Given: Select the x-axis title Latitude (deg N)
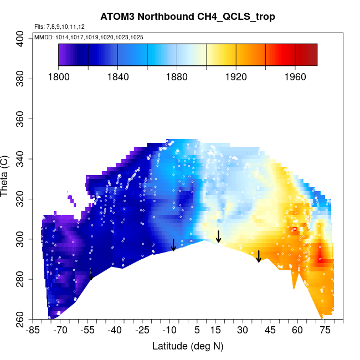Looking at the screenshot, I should pyautogui.click(x=188, y=346).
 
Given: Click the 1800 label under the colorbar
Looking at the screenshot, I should pyautogui.click(x=59, y=77).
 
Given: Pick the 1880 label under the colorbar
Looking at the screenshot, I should pyautogui.click(x=177, y=77).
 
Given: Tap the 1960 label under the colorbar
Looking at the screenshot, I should pyautogui.click(x=295, y=77).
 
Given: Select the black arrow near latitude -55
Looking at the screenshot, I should pyautogui.click(x=91, y=274).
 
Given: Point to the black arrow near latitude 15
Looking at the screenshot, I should pyautogui.click(x=219, y=236).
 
